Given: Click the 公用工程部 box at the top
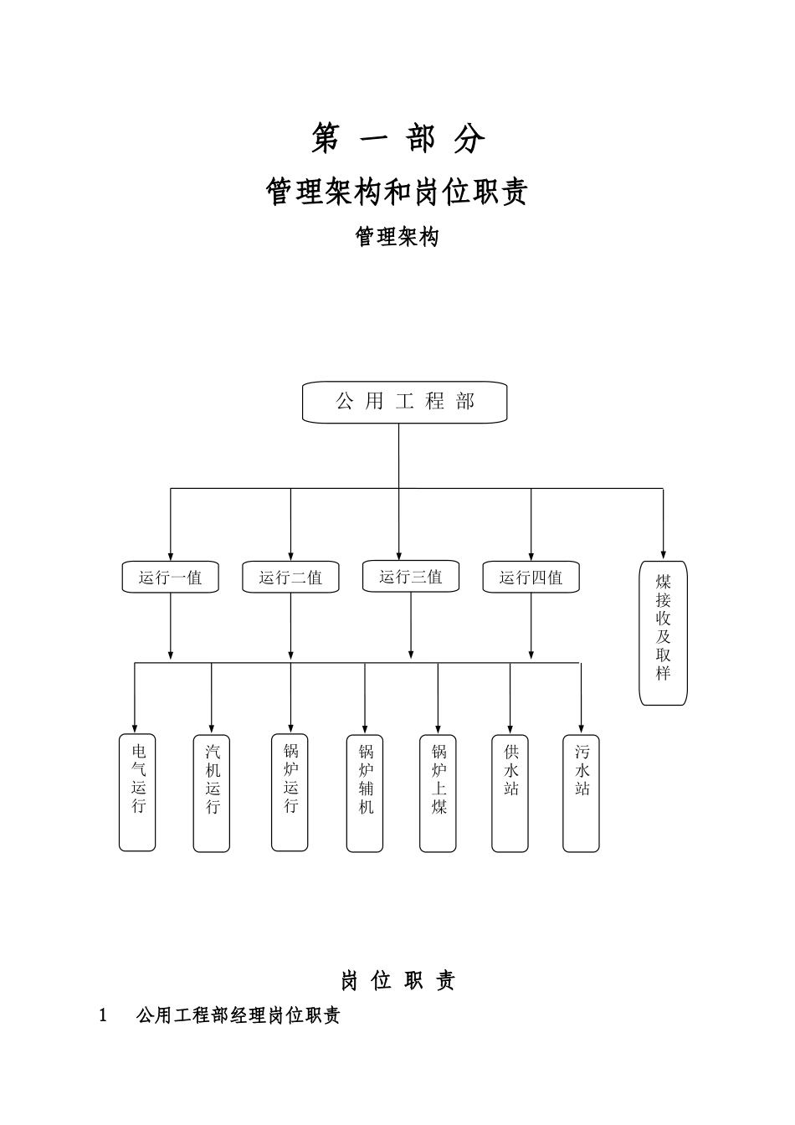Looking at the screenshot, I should click(404, 403).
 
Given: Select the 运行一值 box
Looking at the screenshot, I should click(170, 578).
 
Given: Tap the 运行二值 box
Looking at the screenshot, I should click(290, 578).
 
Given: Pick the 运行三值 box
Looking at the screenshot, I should click(410, 577).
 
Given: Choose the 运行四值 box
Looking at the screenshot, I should click(531, 578).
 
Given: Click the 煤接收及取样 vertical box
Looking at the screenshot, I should click(663, 633).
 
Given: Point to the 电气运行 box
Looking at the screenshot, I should click(137, 793).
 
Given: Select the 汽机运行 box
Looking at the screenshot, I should click(211, 793).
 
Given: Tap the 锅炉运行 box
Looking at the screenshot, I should click(290, 793).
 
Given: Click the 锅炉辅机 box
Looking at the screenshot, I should click(365, 793).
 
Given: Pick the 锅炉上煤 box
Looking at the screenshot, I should click(438, 793).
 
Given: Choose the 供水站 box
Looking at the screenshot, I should click(510, 793).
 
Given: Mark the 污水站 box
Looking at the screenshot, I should click(581, 793).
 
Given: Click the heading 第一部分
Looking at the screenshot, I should click(397, 139).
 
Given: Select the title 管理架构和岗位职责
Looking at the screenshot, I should click(397, 192).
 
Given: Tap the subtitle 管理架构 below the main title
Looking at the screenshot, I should click(397, 237).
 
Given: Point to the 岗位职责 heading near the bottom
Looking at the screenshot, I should click(397, 980).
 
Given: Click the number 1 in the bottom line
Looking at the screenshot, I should click(104, 1016).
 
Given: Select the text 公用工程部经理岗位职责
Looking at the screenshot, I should click(238, 1016).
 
